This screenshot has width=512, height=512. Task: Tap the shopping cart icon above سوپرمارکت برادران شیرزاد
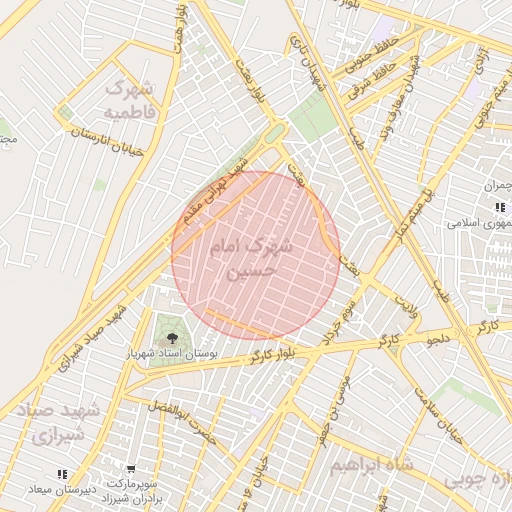point(131,468)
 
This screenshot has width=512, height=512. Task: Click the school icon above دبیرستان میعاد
point(62,474)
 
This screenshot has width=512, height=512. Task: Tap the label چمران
point(497,186)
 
